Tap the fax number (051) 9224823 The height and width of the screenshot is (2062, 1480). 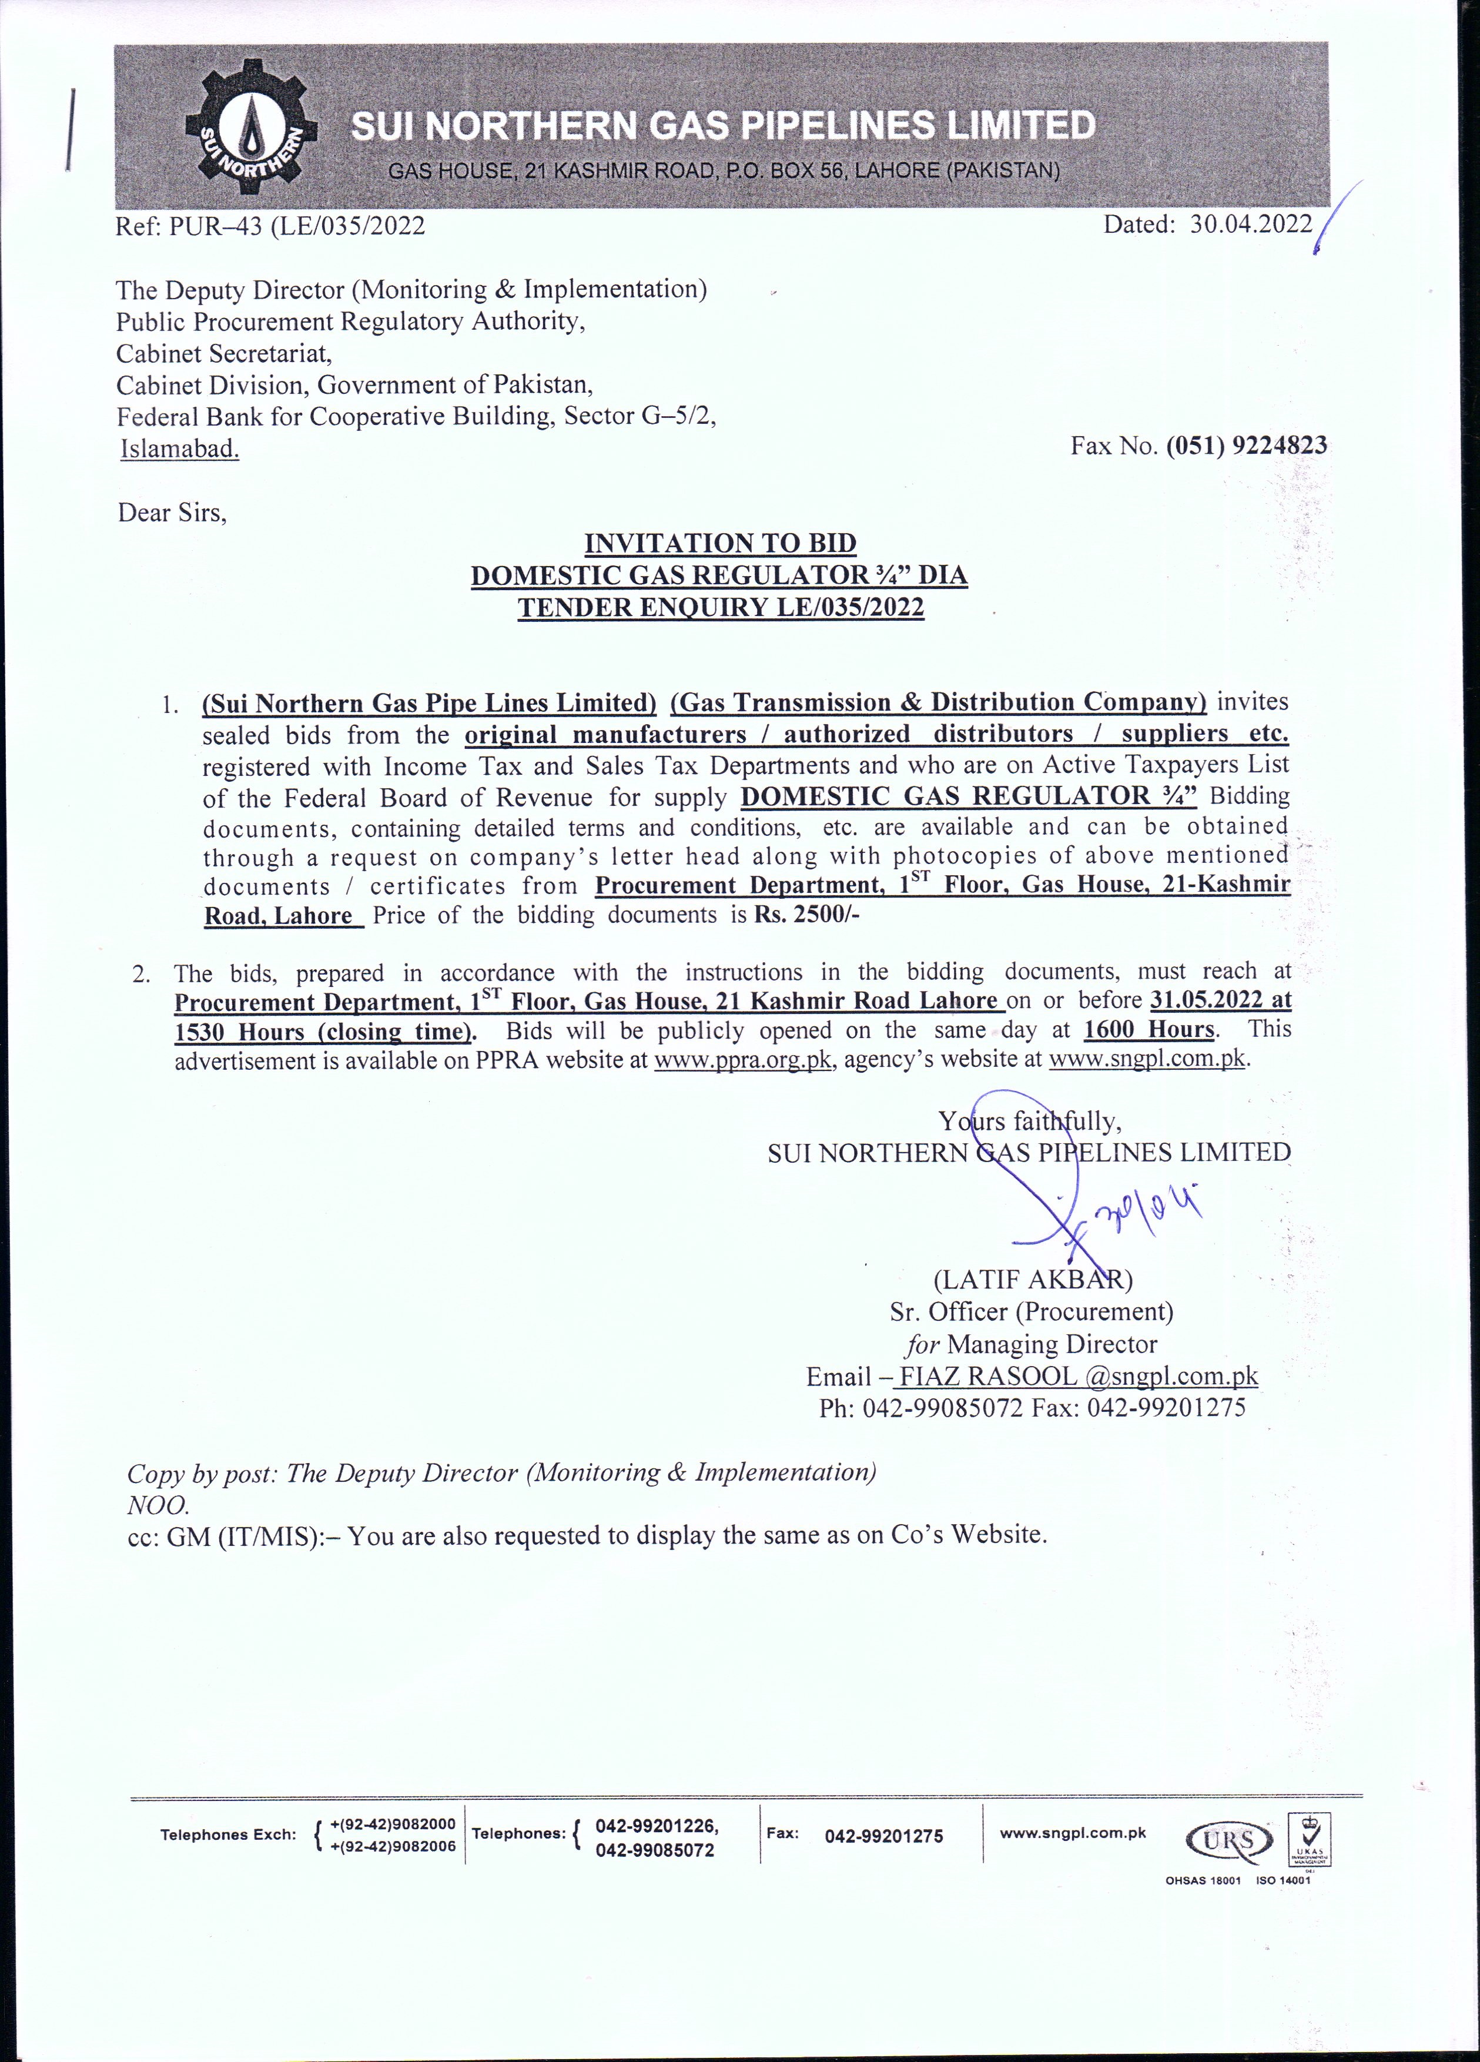click(1247, 446)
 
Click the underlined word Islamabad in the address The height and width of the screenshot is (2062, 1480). click(180, 448)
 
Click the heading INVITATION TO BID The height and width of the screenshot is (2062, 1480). click(720, 544)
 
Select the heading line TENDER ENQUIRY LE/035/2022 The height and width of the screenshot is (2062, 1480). click(720, 607)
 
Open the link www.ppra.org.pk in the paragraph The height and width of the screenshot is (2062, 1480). click(744, 1060)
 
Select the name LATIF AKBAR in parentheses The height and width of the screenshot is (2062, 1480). click(1033, 1280)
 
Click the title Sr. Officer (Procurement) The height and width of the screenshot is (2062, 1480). click(1032, 1312)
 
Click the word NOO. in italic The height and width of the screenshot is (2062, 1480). click(158, 1505)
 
